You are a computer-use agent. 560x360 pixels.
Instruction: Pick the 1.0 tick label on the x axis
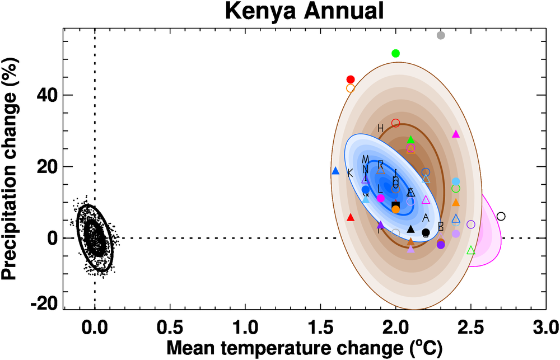point(245,326)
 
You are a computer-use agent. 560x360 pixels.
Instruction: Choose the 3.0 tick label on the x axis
point(546,326)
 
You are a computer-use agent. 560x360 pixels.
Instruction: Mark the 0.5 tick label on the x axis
point(170,326)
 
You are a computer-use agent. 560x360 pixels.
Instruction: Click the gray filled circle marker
point(441,35)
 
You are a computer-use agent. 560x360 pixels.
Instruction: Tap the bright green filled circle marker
point(395,53)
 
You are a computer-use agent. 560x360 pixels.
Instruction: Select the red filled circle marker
point(351,80)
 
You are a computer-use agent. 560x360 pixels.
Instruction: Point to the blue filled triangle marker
point(335,171)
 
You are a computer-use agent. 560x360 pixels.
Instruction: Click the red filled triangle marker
point(351,217)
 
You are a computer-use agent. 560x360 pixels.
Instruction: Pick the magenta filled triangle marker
point(456,134)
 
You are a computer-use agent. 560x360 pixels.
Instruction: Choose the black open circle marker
point(501,216)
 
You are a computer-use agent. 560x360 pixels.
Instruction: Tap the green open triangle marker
point(471,250)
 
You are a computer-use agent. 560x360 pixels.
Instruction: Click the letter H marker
point(380,128)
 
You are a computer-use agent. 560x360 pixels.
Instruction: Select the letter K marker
point(350,172)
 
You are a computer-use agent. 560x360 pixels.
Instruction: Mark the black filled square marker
point(395,205)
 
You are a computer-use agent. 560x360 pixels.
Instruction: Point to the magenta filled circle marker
point(381,198)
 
